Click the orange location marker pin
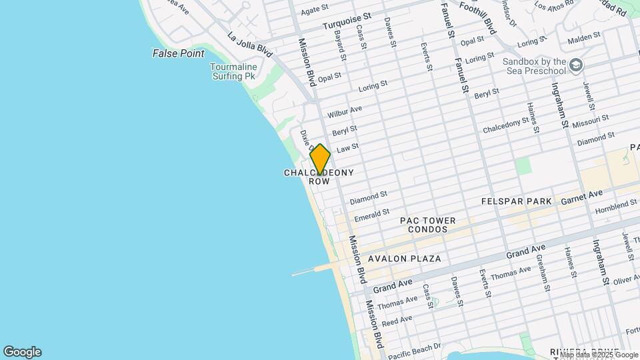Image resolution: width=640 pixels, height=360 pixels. pyautogui.click(x=320, y=159)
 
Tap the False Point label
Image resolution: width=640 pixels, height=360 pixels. pyautogui.click(x=178, y=53)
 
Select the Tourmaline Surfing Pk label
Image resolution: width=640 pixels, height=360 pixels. pyautogui.click(x=233, y=71)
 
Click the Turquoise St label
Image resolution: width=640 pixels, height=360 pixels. pyautogui.click(x=347, y=22)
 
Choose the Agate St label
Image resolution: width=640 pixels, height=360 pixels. pyautogui.click(x=315, y=11)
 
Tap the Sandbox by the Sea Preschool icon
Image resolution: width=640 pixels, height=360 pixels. pyautogui.click(x=576, y=65)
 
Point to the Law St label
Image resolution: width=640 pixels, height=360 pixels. pyautogui.click(x=348, y=148)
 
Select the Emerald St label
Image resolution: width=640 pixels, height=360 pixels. pyautogui.click(x=371, y=215)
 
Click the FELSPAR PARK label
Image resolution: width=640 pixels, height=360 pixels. pyautogui.click(x=517, y=201)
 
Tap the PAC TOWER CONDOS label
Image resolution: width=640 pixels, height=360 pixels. pyautogui.click(x=428, y=225)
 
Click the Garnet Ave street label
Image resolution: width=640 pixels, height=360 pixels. pyautogui.click(x=581, y=194)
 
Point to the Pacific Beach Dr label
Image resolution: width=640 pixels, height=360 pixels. pyautogui.click(x=414, y=351)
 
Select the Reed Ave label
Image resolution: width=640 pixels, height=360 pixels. pyautogui.click(x=397, y=321)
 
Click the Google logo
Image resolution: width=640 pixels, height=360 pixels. pyautogui.click(x=22, y=352)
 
